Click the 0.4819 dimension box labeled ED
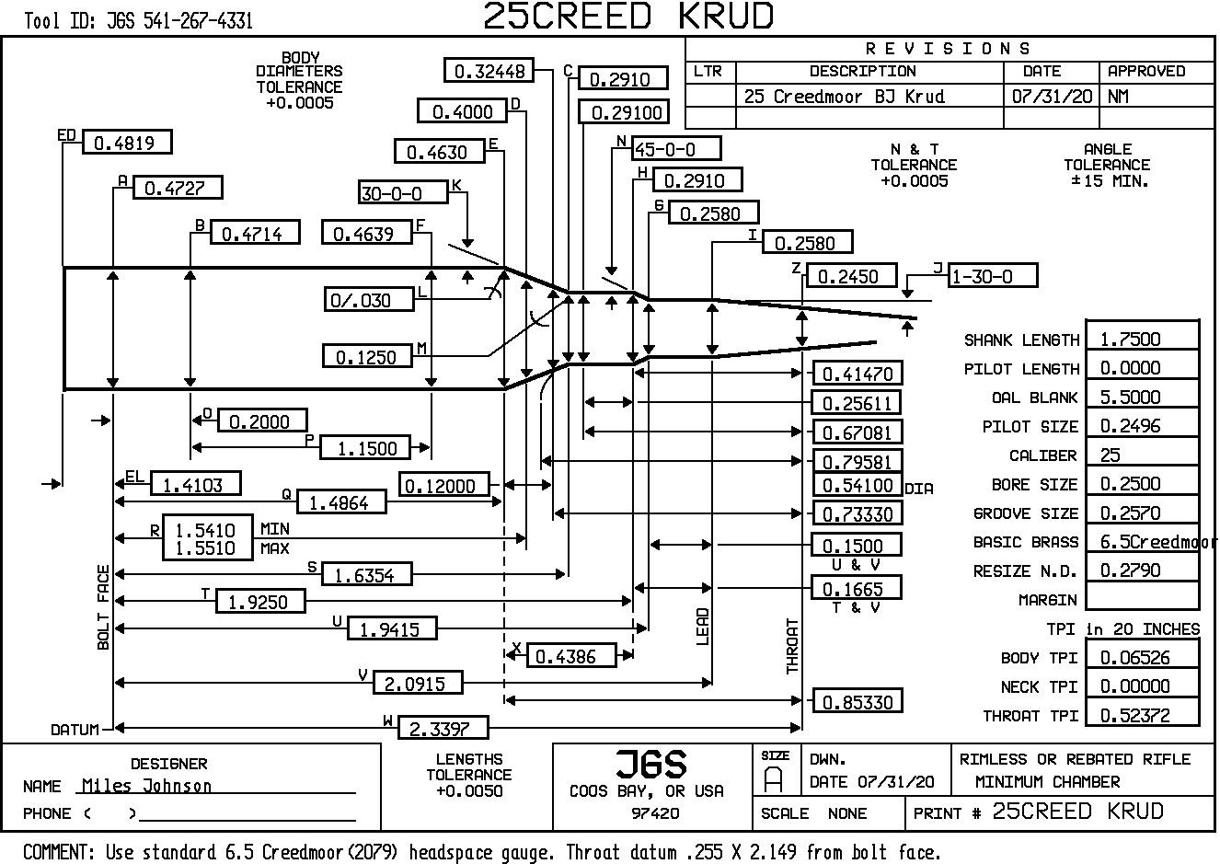[x=126, y=143]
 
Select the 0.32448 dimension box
[x=488, y=70]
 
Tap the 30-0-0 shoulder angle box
[x=402, y=192]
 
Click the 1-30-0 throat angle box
[x=993, y=275]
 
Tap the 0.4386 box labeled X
[x=570, y=655]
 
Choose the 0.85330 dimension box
[x=857, y=701]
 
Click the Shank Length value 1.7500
[x=1142, y=339]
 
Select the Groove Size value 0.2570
[x=1142, y=513]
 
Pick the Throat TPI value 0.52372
[x=1142, y=715]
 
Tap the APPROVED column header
[x=1146, y=71]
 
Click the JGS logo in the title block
[x=650, y=764]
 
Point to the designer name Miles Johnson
[x=146, y=786]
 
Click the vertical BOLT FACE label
[x=103, y=607]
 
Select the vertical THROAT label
[x=793, y=646]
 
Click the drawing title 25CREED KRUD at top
[x=628, y=16]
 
